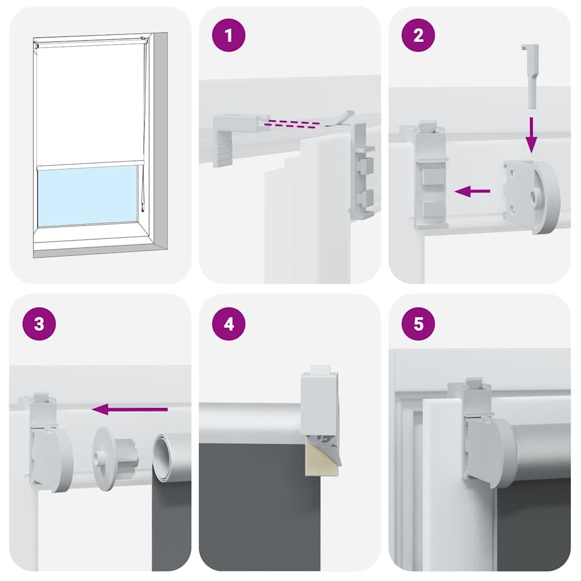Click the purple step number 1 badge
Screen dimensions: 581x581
pyautogui.click(x=229, y=35)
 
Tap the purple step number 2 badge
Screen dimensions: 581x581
pyautogui.click(x=418, y=35)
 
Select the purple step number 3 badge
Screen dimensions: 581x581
pyautogui.click(x=39, y=325)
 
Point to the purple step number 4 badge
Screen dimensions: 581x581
pyautogui.click(x=229, y=325)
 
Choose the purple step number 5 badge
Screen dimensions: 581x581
pyautogui.click(x=418, y=325)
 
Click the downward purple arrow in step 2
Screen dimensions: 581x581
pyautogui.click(x=531, y=135)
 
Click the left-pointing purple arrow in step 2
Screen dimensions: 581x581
pyautogui.click(x=472, y=192)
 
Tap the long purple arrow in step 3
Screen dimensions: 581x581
pyautogui.click(x=130, y=409)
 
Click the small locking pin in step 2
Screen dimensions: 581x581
pyautogui.click(x=530, y=76)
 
